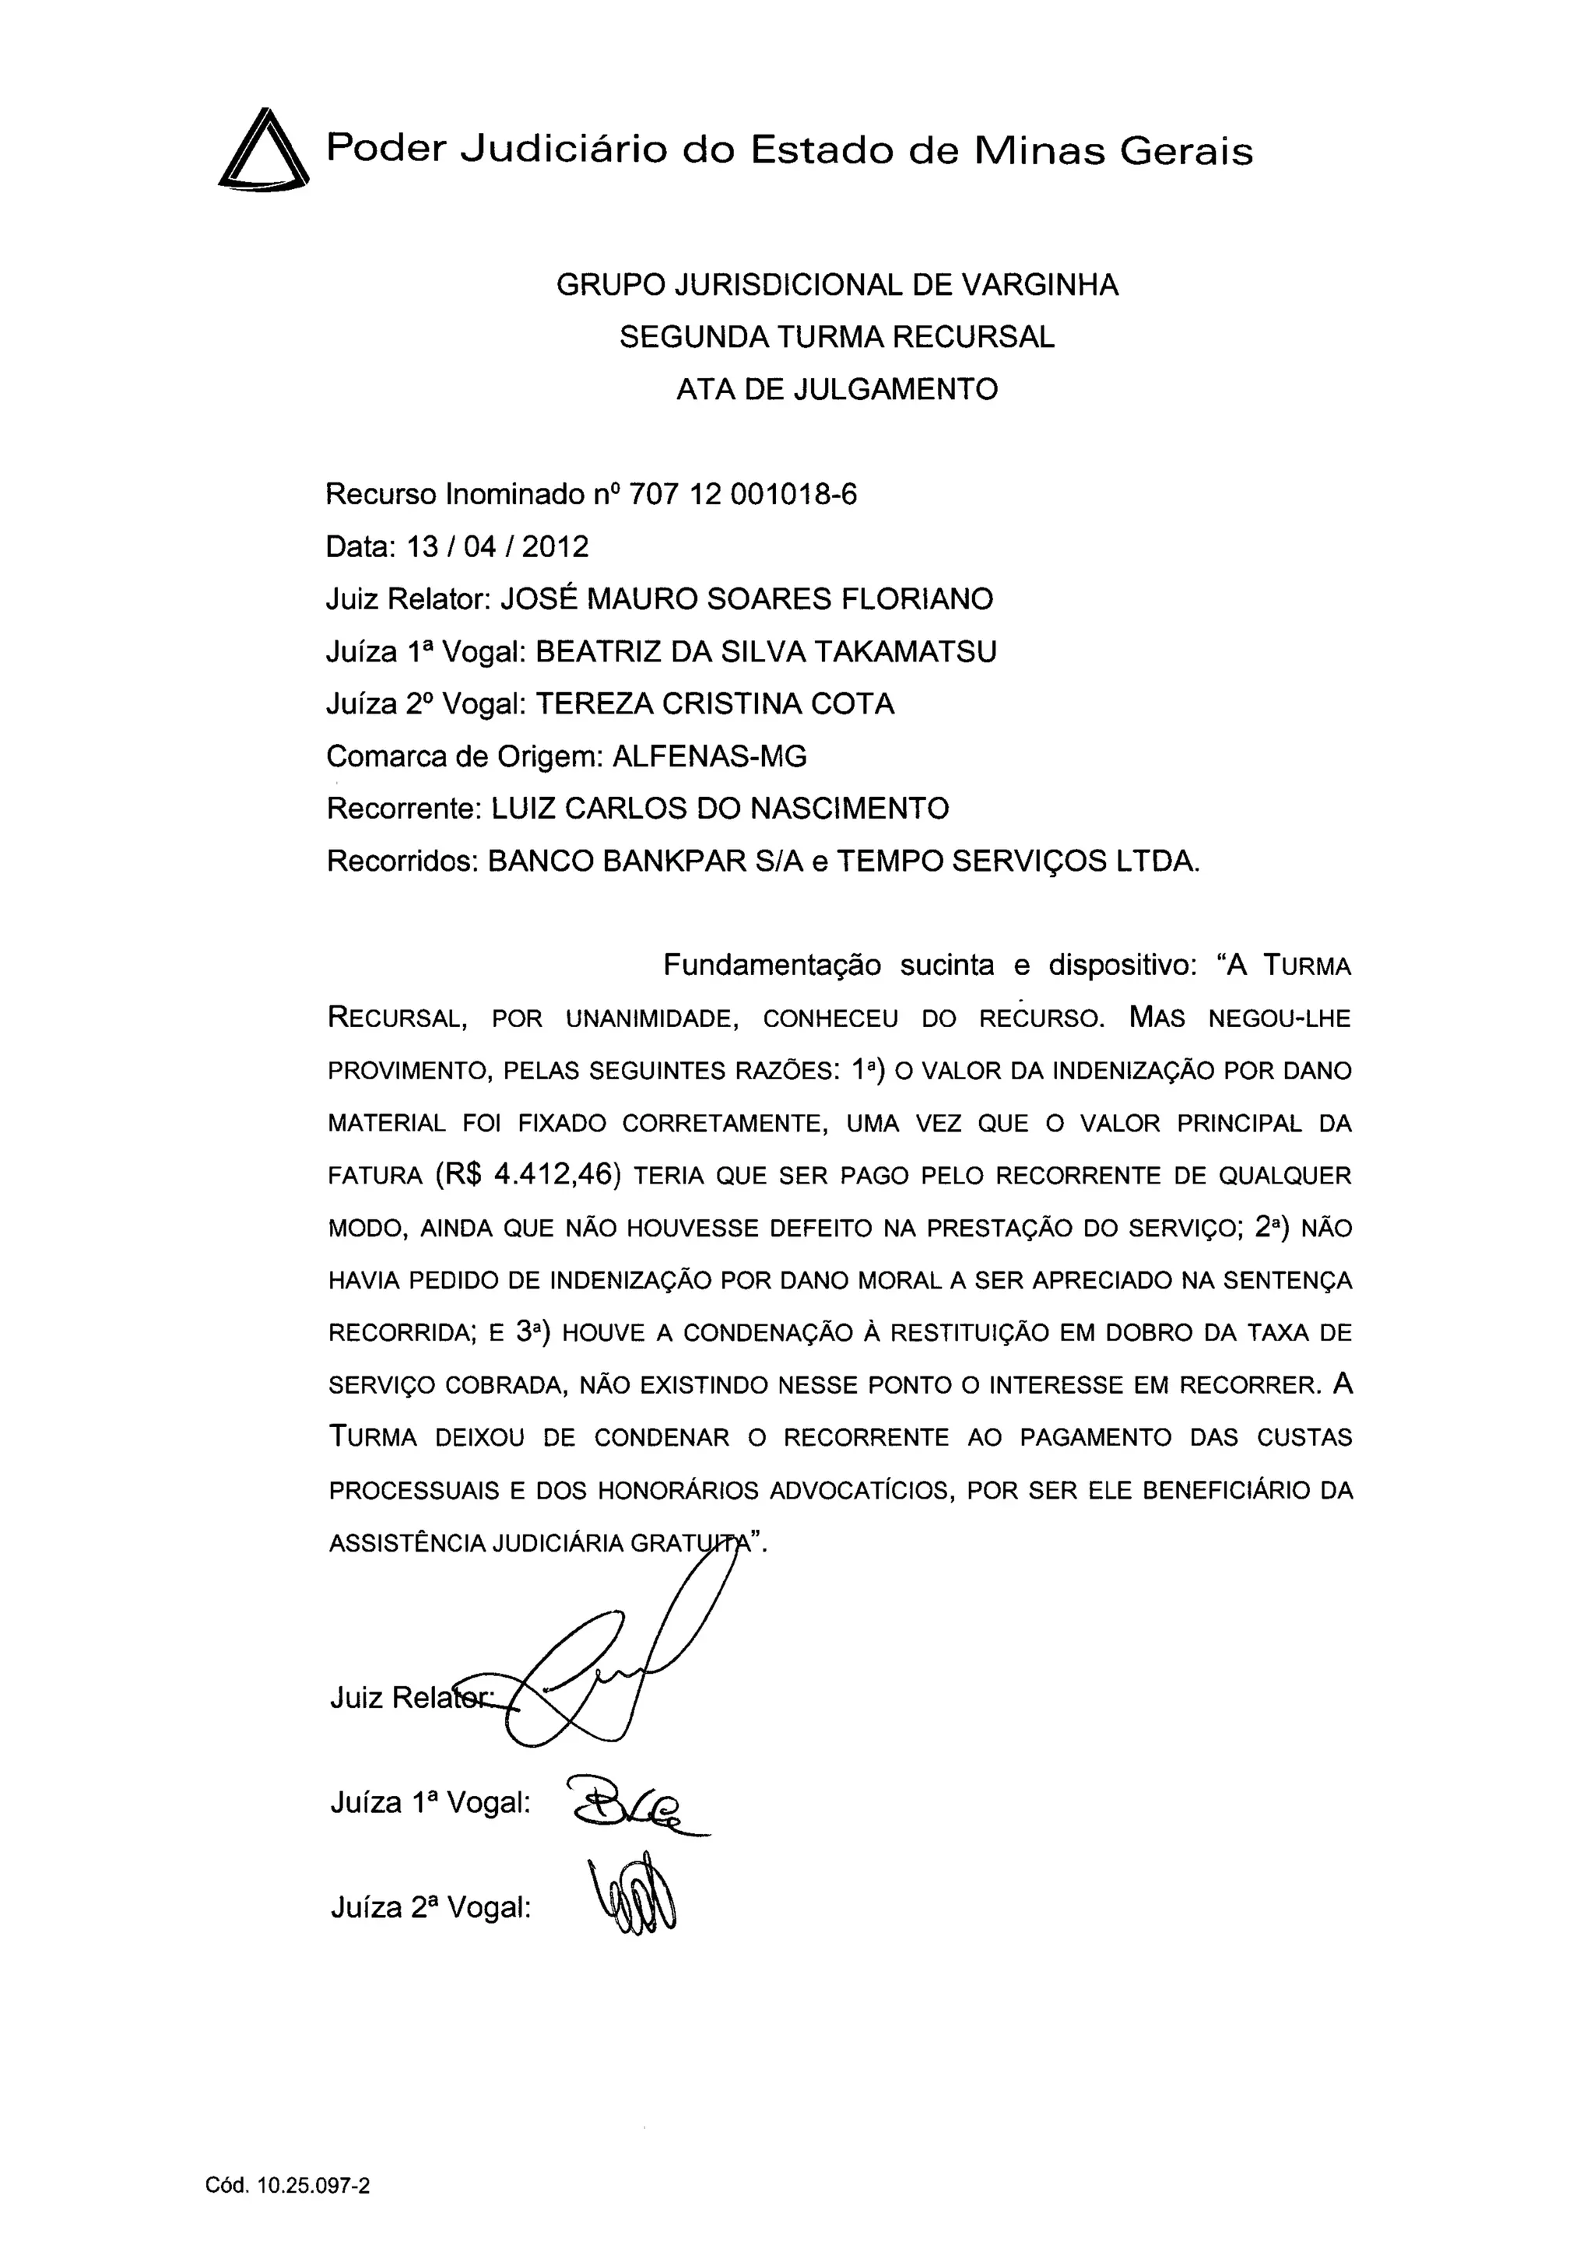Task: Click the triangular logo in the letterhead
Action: [262, 150]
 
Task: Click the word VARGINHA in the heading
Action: [1039, 285]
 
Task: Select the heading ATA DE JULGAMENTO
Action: [837, 390]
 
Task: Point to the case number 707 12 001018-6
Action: [742, 494]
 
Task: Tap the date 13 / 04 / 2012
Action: [497, 546]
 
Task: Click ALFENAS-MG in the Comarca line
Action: [709, 756]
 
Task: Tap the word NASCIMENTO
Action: [850, 808]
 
